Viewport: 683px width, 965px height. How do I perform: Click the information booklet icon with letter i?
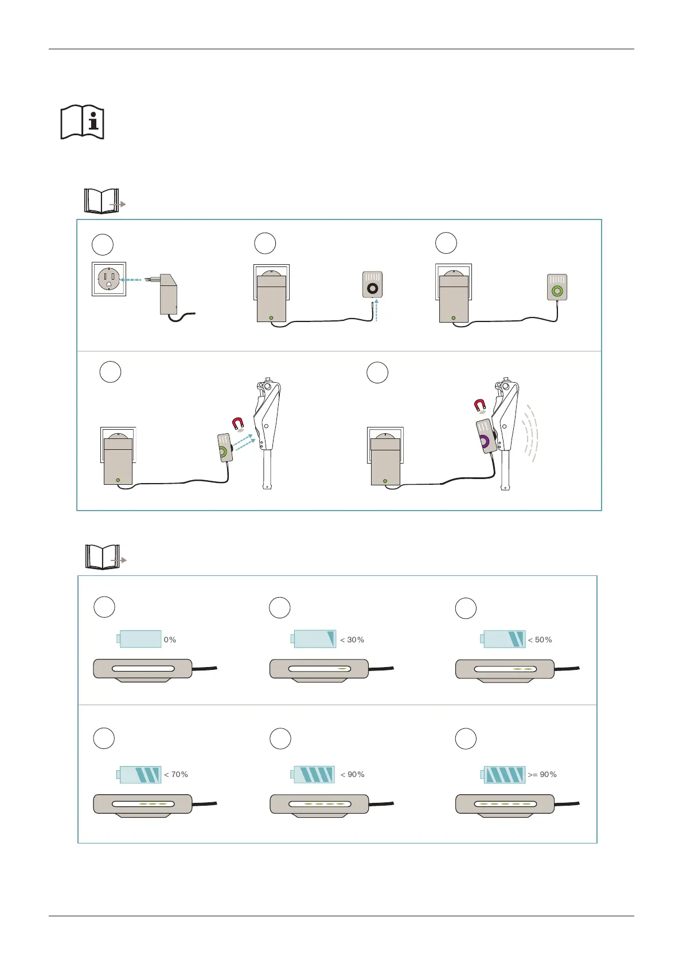(x=82, y=121)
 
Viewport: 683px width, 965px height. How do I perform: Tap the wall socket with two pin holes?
(x=109, y=279)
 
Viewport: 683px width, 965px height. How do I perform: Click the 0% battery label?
(x=170, y=640)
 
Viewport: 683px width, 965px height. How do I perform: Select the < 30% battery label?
(x=352, y=640)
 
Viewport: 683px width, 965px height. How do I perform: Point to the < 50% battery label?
(x=540, y=640)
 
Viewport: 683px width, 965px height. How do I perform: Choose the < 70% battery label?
(x=176, y=774)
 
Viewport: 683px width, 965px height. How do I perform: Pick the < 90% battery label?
(x=352, y=774)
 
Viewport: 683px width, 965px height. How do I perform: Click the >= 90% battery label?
(x=542, y=774)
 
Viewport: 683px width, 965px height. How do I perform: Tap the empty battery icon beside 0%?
(x=139, y=639)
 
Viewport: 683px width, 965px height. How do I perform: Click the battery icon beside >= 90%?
(x=503, y=775)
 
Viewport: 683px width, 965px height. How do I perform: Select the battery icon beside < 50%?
(x=503, y=639)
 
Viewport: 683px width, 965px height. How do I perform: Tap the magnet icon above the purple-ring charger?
(x=481, y=406)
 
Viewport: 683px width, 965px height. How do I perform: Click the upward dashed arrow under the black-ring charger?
(x=376, y=310)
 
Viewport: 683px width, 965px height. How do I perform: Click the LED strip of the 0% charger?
(x=143, y=668)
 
